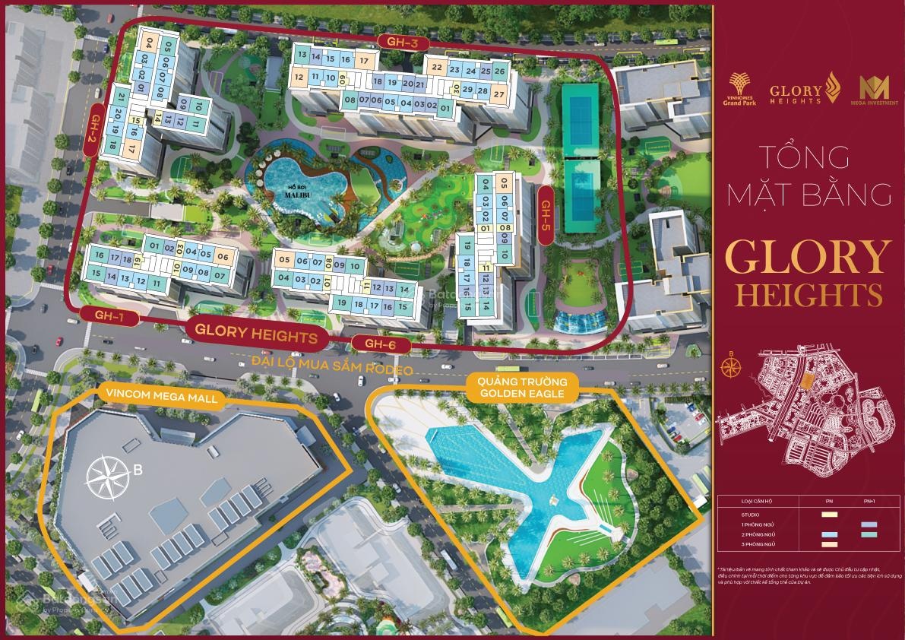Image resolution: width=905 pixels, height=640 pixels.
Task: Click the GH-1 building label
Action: click(x=109, y=315)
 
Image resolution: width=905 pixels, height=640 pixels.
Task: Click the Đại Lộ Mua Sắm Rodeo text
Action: click(x=332, y=369)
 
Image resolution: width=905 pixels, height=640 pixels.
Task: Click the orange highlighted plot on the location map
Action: click(x=806, y=385)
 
